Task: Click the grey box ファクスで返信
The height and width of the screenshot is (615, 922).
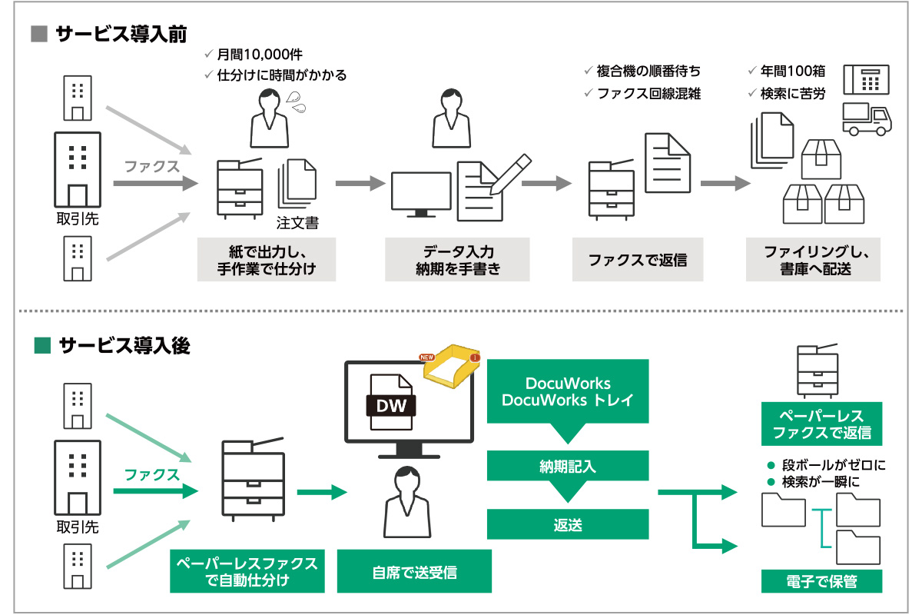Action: pyautogui.click(x=638, y=259)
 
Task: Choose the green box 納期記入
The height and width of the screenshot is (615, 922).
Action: pyautogui.click(x=568, y=466)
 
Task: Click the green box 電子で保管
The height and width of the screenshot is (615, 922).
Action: pyautogui.click(x=821, y=581)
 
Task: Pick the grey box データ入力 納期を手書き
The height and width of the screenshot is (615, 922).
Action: pyautogui.click(x=457, y=259)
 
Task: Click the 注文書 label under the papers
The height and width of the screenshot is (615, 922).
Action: pyautogui.click(x=297, y=224)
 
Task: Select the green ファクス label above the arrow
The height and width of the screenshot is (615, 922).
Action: pyautogui.click(x=151, y=474)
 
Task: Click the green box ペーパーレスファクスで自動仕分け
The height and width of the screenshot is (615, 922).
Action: pyautogui.click(x=247, y=571)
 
